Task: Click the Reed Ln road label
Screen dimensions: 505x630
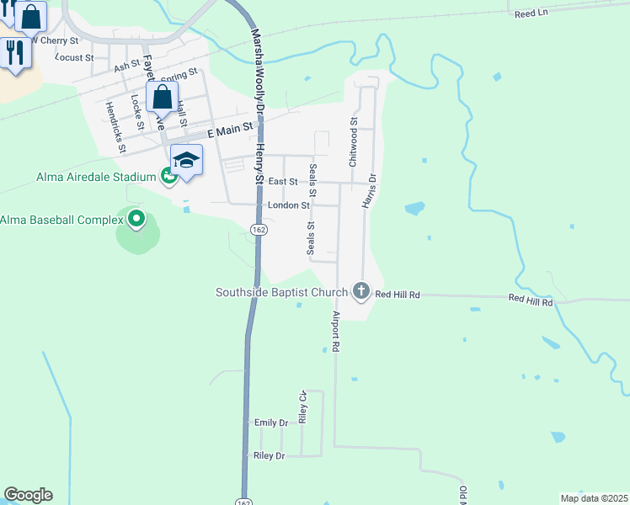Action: coord(531,13)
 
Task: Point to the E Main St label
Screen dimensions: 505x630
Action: coord(229,129)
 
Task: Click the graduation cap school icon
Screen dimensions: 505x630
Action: coord(186,159)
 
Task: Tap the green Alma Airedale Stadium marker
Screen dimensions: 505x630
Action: coord(168,177)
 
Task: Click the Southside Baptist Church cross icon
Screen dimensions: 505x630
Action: coord(361,292)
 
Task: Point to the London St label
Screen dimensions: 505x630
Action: coord(289,205)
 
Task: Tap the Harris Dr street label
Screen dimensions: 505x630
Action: coord(367,190)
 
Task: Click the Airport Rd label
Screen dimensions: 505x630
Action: coord(335,331)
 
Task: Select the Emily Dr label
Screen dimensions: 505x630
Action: coord(270,423)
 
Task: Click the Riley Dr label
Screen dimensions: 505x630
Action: coord(269,455)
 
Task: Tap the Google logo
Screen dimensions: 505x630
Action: coord(28,495)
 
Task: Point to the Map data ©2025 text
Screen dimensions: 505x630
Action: coord(594,498)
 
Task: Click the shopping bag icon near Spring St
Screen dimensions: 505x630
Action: coord(162,98)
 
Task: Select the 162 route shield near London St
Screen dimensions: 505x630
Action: coord(259,229)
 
